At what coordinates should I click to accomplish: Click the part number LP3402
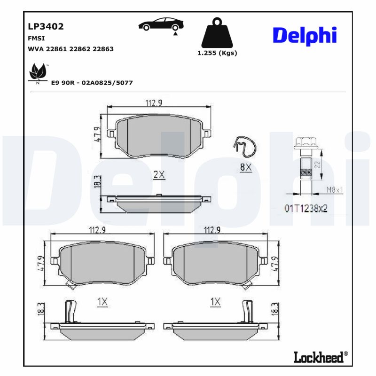click(x=46, y=26)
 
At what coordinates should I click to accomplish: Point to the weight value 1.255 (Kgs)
click(x=217, y=53)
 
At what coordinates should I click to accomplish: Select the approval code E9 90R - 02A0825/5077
click(x=92, y=83)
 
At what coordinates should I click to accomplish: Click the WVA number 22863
click(x=103, y=49)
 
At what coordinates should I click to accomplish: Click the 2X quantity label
click(x=159, y=175)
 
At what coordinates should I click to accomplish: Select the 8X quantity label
click(x=246, y=167)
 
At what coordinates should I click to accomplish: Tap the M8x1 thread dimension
click(x=334, y=190)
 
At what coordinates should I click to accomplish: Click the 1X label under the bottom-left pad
click(x=102, y=302)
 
